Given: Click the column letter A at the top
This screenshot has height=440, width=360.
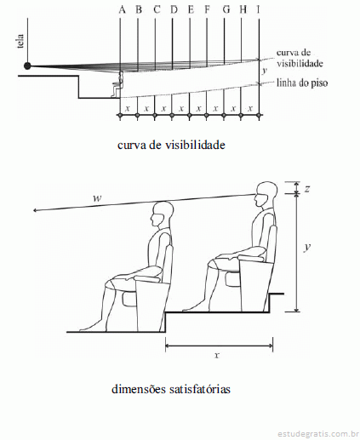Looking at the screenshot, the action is point(122,9).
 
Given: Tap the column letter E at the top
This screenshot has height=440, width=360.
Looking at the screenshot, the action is point(191,9).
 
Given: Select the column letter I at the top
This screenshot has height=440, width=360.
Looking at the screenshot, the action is point(258,9).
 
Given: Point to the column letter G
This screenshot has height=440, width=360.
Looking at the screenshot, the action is point(226,9).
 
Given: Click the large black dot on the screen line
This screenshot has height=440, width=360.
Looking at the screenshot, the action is point(27,66).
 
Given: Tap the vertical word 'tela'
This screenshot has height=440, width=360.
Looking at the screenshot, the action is point(20,42).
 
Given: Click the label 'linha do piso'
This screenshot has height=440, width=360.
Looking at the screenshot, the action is point(302,83).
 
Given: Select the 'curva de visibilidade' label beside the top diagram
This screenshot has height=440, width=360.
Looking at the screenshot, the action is point(300,58).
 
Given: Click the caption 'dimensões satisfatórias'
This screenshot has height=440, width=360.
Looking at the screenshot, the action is point(171,389).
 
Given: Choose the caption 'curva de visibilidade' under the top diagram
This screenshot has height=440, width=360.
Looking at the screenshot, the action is point(171,145).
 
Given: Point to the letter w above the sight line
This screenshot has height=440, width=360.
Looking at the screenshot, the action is point(97,197).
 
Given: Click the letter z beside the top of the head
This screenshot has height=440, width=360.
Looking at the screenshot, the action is point(306,188).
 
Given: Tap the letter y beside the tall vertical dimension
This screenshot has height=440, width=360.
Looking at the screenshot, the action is point(306,247).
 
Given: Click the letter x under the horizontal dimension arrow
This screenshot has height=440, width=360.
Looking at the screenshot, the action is point(217,355).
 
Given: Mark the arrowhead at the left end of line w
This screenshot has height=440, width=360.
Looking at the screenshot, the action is point(33,210).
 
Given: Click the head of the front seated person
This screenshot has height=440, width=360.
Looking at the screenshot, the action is point(163,214).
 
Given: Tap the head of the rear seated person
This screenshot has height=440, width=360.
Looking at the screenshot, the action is point(266,194).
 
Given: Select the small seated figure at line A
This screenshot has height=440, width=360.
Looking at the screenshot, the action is point(118,83).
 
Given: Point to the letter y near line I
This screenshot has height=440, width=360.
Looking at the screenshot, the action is point(264,70).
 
